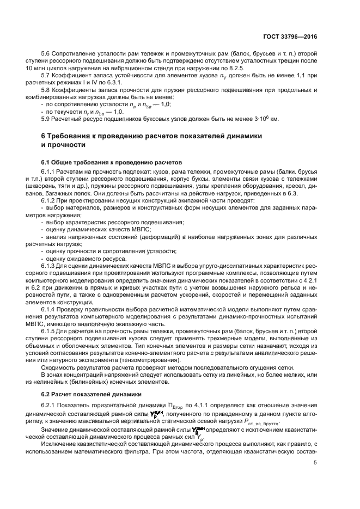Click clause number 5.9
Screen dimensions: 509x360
47,119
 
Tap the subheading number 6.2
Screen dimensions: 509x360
46,393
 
